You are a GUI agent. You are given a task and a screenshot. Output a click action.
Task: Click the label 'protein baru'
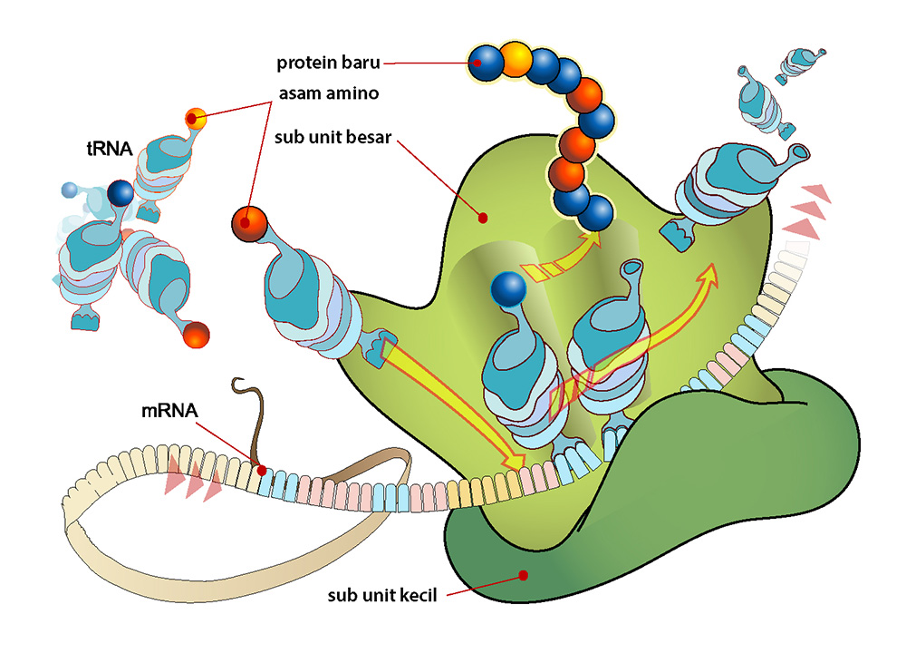coord(328,63)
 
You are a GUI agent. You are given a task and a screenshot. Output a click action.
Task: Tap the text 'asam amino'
coord(329,93)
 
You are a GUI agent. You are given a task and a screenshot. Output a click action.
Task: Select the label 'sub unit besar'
coord(333,137)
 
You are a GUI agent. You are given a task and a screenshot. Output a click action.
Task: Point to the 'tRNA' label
coord(110,149)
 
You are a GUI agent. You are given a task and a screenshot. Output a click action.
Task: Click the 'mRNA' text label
coord(169,411)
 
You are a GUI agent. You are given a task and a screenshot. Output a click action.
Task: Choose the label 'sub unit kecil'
coord(382,595)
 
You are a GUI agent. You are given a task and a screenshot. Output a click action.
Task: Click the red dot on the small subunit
coord(524,576)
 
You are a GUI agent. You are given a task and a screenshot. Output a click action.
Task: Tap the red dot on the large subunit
coord(483,218)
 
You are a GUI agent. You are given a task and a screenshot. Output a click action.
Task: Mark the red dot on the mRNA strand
coord(262,472)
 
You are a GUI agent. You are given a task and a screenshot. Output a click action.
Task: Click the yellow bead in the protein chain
coord(516,59)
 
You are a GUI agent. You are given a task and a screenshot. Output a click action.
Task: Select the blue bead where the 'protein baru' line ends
coord(486,63)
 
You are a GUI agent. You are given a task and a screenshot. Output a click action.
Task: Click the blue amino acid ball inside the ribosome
coord(508,288)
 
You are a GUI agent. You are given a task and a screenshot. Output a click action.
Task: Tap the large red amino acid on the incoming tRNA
coord(250,224)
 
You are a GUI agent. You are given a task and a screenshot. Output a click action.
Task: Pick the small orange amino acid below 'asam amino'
coord(196,119)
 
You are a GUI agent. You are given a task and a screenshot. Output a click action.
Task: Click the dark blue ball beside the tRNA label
coord(120,193)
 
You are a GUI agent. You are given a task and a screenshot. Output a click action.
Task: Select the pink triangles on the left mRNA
coord(193,477)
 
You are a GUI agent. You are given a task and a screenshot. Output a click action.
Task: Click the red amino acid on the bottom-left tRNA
coord(196,335)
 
